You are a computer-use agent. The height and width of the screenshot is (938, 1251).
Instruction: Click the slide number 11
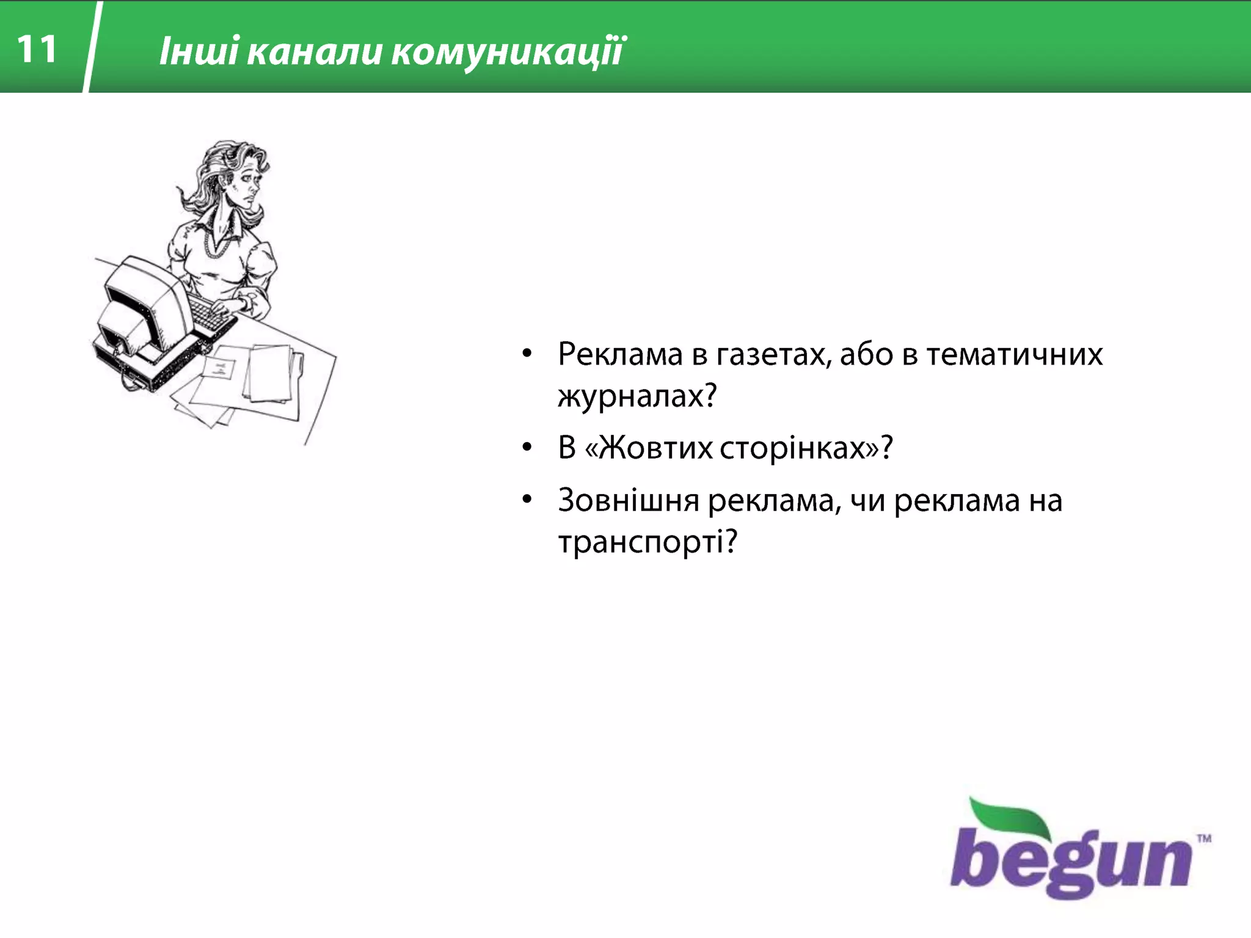37,49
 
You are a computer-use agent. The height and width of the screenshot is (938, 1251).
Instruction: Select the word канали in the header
314,51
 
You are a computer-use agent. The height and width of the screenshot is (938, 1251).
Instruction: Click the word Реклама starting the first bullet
619,354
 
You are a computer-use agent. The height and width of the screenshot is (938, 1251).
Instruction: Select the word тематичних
1014,354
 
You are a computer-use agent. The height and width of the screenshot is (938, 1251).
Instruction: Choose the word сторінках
800,448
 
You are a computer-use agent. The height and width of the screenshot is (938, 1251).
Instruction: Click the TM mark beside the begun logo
1204,838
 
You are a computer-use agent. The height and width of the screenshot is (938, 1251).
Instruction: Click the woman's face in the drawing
247,183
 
